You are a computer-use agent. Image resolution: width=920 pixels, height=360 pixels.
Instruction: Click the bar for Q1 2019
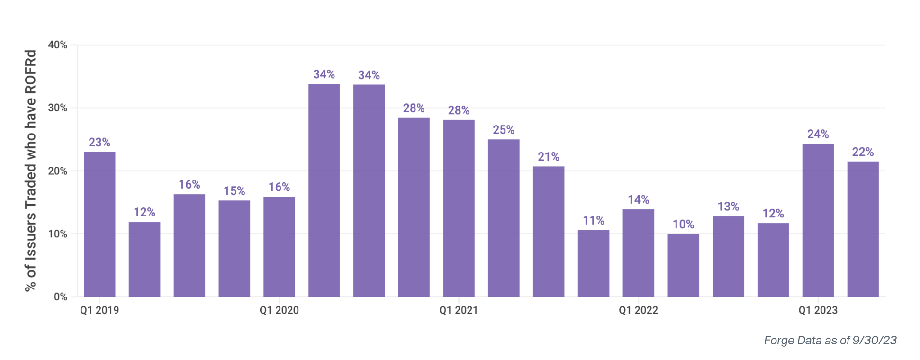click(x=99, y=225)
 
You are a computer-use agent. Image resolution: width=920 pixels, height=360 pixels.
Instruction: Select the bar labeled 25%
click(x=504, y=218)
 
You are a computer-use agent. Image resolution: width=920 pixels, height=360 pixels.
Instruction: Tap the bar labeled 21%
click(x=549, y=232)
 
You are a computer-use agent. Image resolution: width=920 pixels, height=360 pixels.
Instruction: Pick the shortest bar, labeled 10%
click(x=683, y=265)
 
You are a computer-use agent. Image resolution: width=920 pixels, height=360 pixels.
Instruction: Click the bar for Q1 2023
click(x=818, y=220)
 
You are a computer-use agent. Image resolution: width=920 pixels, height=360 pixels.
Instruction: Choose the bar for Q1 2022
click(x=639, y=253)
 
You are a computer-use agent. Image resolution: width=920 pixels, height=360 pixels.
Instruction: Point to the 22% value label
click(x=863, y=152)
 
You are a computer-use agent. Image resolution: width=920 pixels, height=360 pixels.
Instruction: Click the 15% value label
click(x=234, y=191)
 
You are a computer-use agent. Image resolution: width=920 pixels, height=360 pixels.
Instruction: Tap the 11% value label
click(x=593, y=221)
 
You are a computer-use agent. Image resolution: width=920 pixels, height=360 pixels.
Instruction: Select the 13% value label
click(x=728, y=207)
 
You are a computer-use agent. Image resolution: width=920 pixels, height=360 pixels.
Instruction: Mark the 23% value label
click(x=99, y=143)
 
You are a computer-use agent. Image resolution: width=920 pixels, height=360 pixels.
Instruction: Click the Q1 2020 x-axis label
click(x=279, y=310)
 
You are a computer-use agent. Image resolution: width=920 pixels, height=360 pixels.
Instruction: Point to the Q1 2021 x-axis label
click(x=459, y=310)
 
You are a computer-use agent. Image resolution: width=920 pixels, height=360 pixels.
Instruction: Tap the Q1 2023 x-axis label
click(x=818, y=310)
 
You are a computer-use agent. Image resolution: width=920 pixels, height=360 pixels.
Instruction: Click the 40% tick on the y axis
click(x=58, y=45)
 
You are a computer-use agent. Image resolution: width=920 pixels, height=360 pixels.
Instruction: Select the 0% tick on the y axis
click(x=61, y=297)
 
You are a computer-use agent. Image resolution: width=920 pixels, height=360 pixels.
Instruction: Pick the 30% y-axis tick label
click(x=58, y=108)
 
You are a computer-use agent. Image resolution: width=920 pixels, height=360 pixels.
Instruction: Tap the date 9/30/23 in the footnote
click(x=875, y=340)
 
